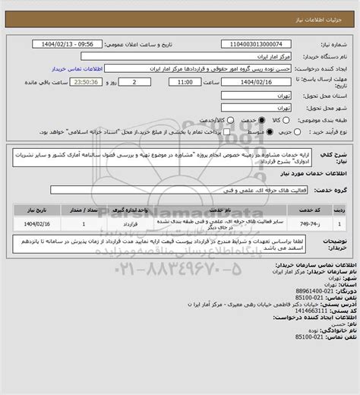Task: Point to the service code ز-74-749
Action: click(310, 225)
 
